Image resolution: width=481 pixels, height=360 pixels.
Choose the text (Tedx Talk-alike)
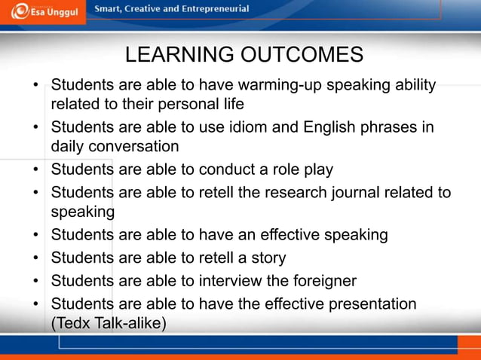click(x=109, y=323)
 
